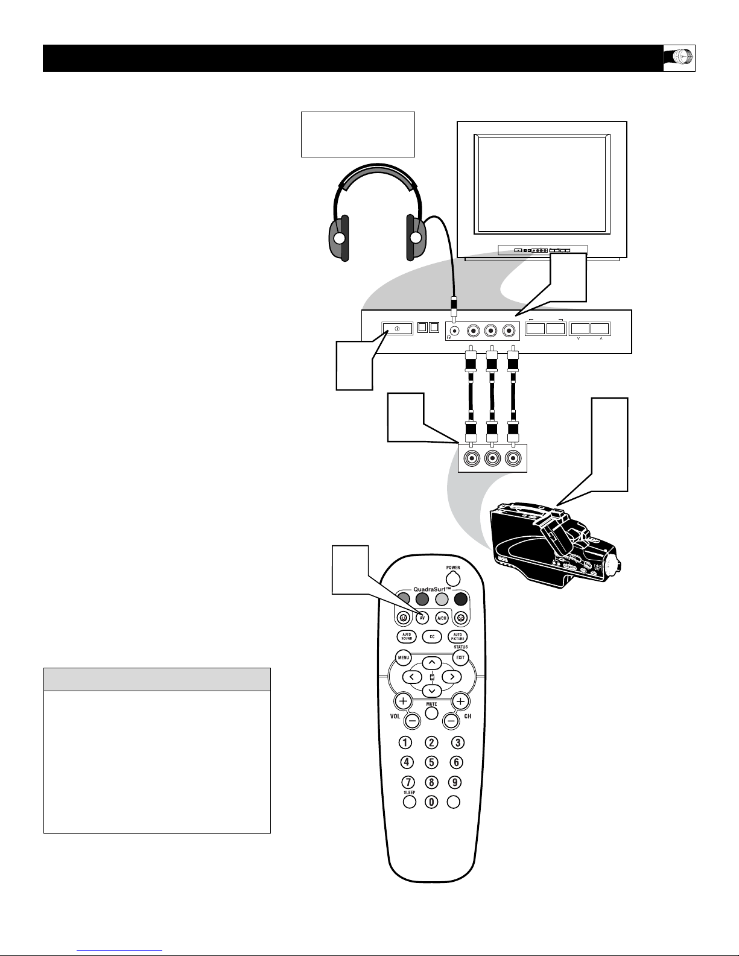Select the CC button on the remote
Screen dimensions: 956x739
(432, 636)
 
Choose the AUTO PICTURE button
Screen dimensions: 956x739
(458, 636)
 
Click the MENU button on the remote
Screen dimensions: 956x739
(403, 657)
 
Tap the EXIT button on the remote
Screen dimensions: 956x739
(461, 657)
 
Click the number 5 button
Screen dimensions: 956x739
(432, 762)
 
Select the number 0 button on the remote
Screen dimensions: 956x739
(432, 802)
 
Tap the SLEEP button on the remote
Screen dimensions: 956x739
(409, 802)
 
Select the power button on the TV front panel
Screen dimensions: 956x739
(398, 329)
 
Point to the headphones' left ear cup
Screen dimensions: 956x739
(339, 238)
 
